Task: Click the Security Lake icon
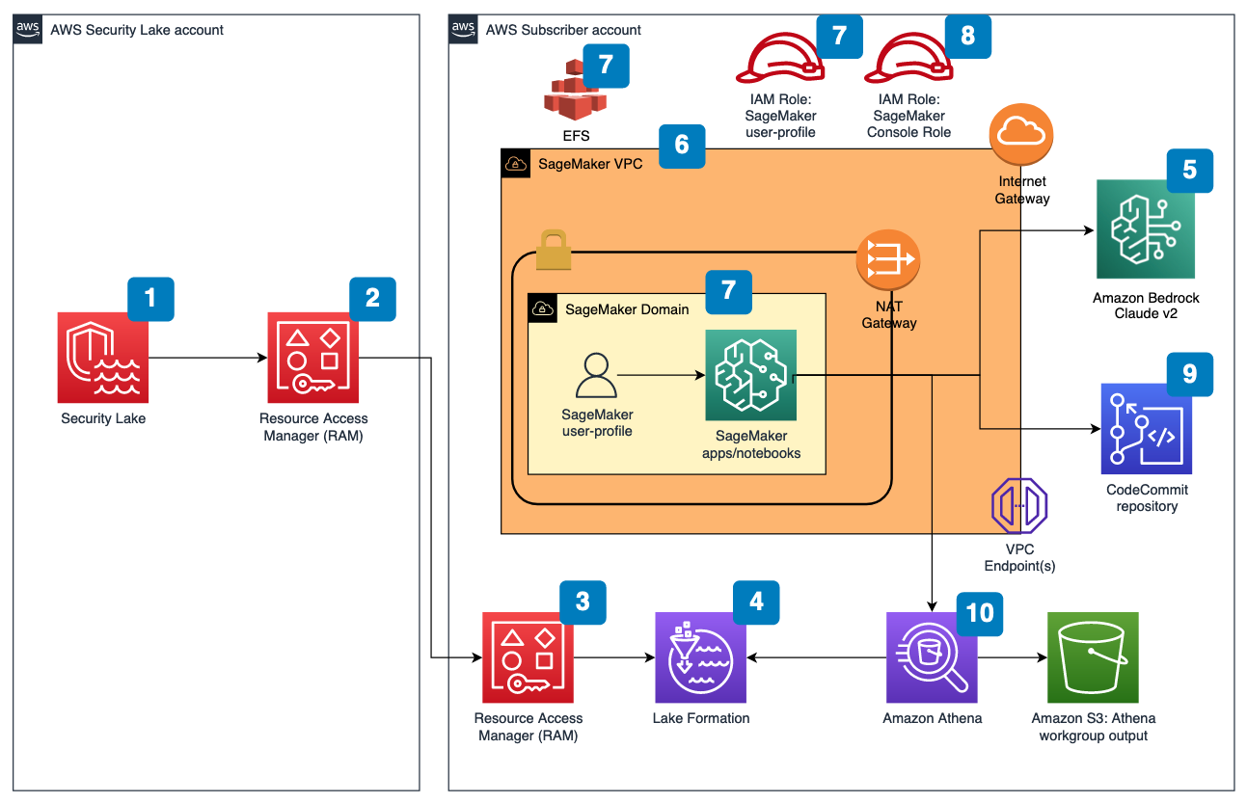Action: [x=103, y=357]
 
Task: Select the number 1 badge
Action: [x=150, y=298]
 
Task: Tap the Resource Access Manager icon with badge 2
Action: [x=313, y=357]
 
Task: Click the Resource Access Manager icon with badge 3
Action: [x=528, y=658]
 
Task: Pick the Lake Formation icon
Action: [x=700, y=658]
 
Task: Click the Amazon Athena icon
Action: [x=932, y=658]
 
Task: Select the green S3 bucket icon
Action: [x=1093, y=658]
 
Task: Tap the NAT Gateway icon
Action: [x=888, y=259]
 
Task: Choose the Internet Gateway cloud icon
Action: [x=1021, y=136]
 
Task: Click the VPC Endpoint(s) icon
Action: [x=1019, y=505]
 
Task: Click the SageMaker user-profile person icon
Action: [x=596, y=376]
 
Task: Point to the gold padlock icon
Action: [x=554, y=250]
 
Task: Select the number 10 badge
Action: [x=979, y=612]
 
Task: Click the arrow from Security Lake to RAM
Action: [x=207, y=358]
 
